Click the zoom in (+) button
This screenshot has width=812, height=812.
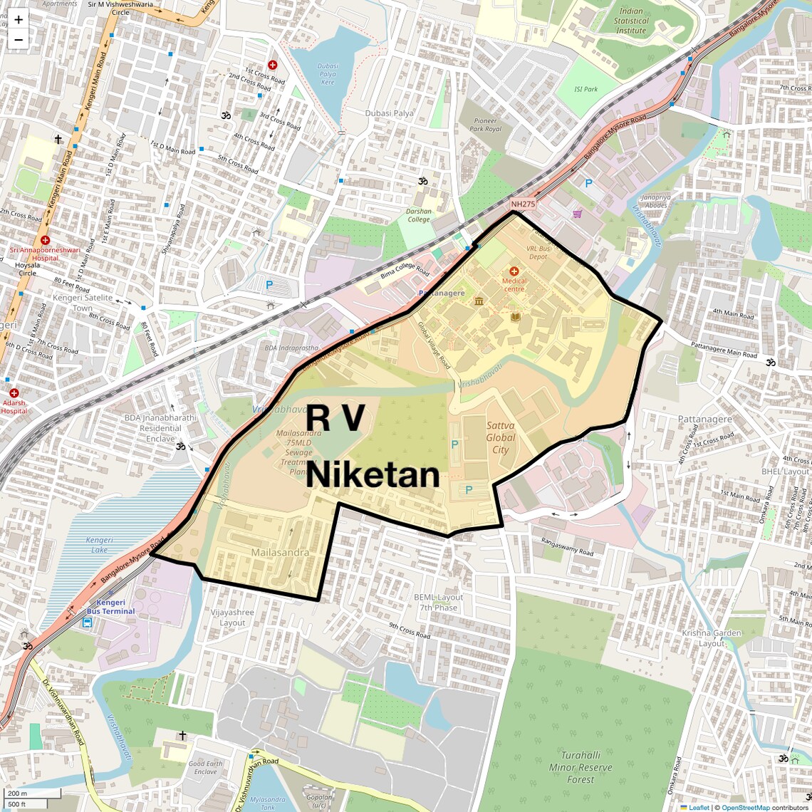(x=19, y=20)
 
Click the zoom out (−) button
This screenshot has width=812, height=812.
(x=19, y=39)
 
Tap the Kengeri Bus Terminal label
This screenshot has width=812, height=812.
(x=110, y=607)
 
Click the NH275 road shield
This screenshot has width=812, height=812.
(x=523, y=204)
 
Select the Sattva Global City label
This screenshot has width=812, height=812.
(x=501, y=437)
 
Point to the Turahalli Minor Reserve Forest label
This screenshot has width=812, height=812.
(x=581, y=767)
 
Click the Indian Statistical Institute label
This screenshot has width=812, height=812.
(x=631, y=21)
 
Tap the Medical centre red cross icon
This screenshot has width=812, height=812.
(x=514, y=271)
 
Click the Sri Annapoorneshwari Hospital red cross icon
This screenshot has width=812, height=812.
(x=46, y=240)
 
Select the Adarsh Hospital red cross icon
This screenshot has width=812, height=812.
(x=14, y=392)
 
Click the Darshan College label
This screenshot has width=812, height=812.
(x=419, y=215)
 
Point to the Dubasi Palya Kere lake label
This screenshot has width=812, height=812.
(x=328, y=74)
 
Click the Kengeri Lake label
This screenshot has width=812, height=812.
(x=99, y=545)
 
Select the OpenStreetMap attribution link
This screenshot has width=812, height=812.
(x=746, y=807)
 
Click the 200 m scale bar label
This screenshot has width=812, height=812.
(x=17, y=793)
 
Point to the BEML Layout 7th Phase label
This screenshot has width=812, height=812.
(x=439, y=603)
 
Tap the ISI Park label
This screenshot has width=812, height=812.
(x=586, y=89)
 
